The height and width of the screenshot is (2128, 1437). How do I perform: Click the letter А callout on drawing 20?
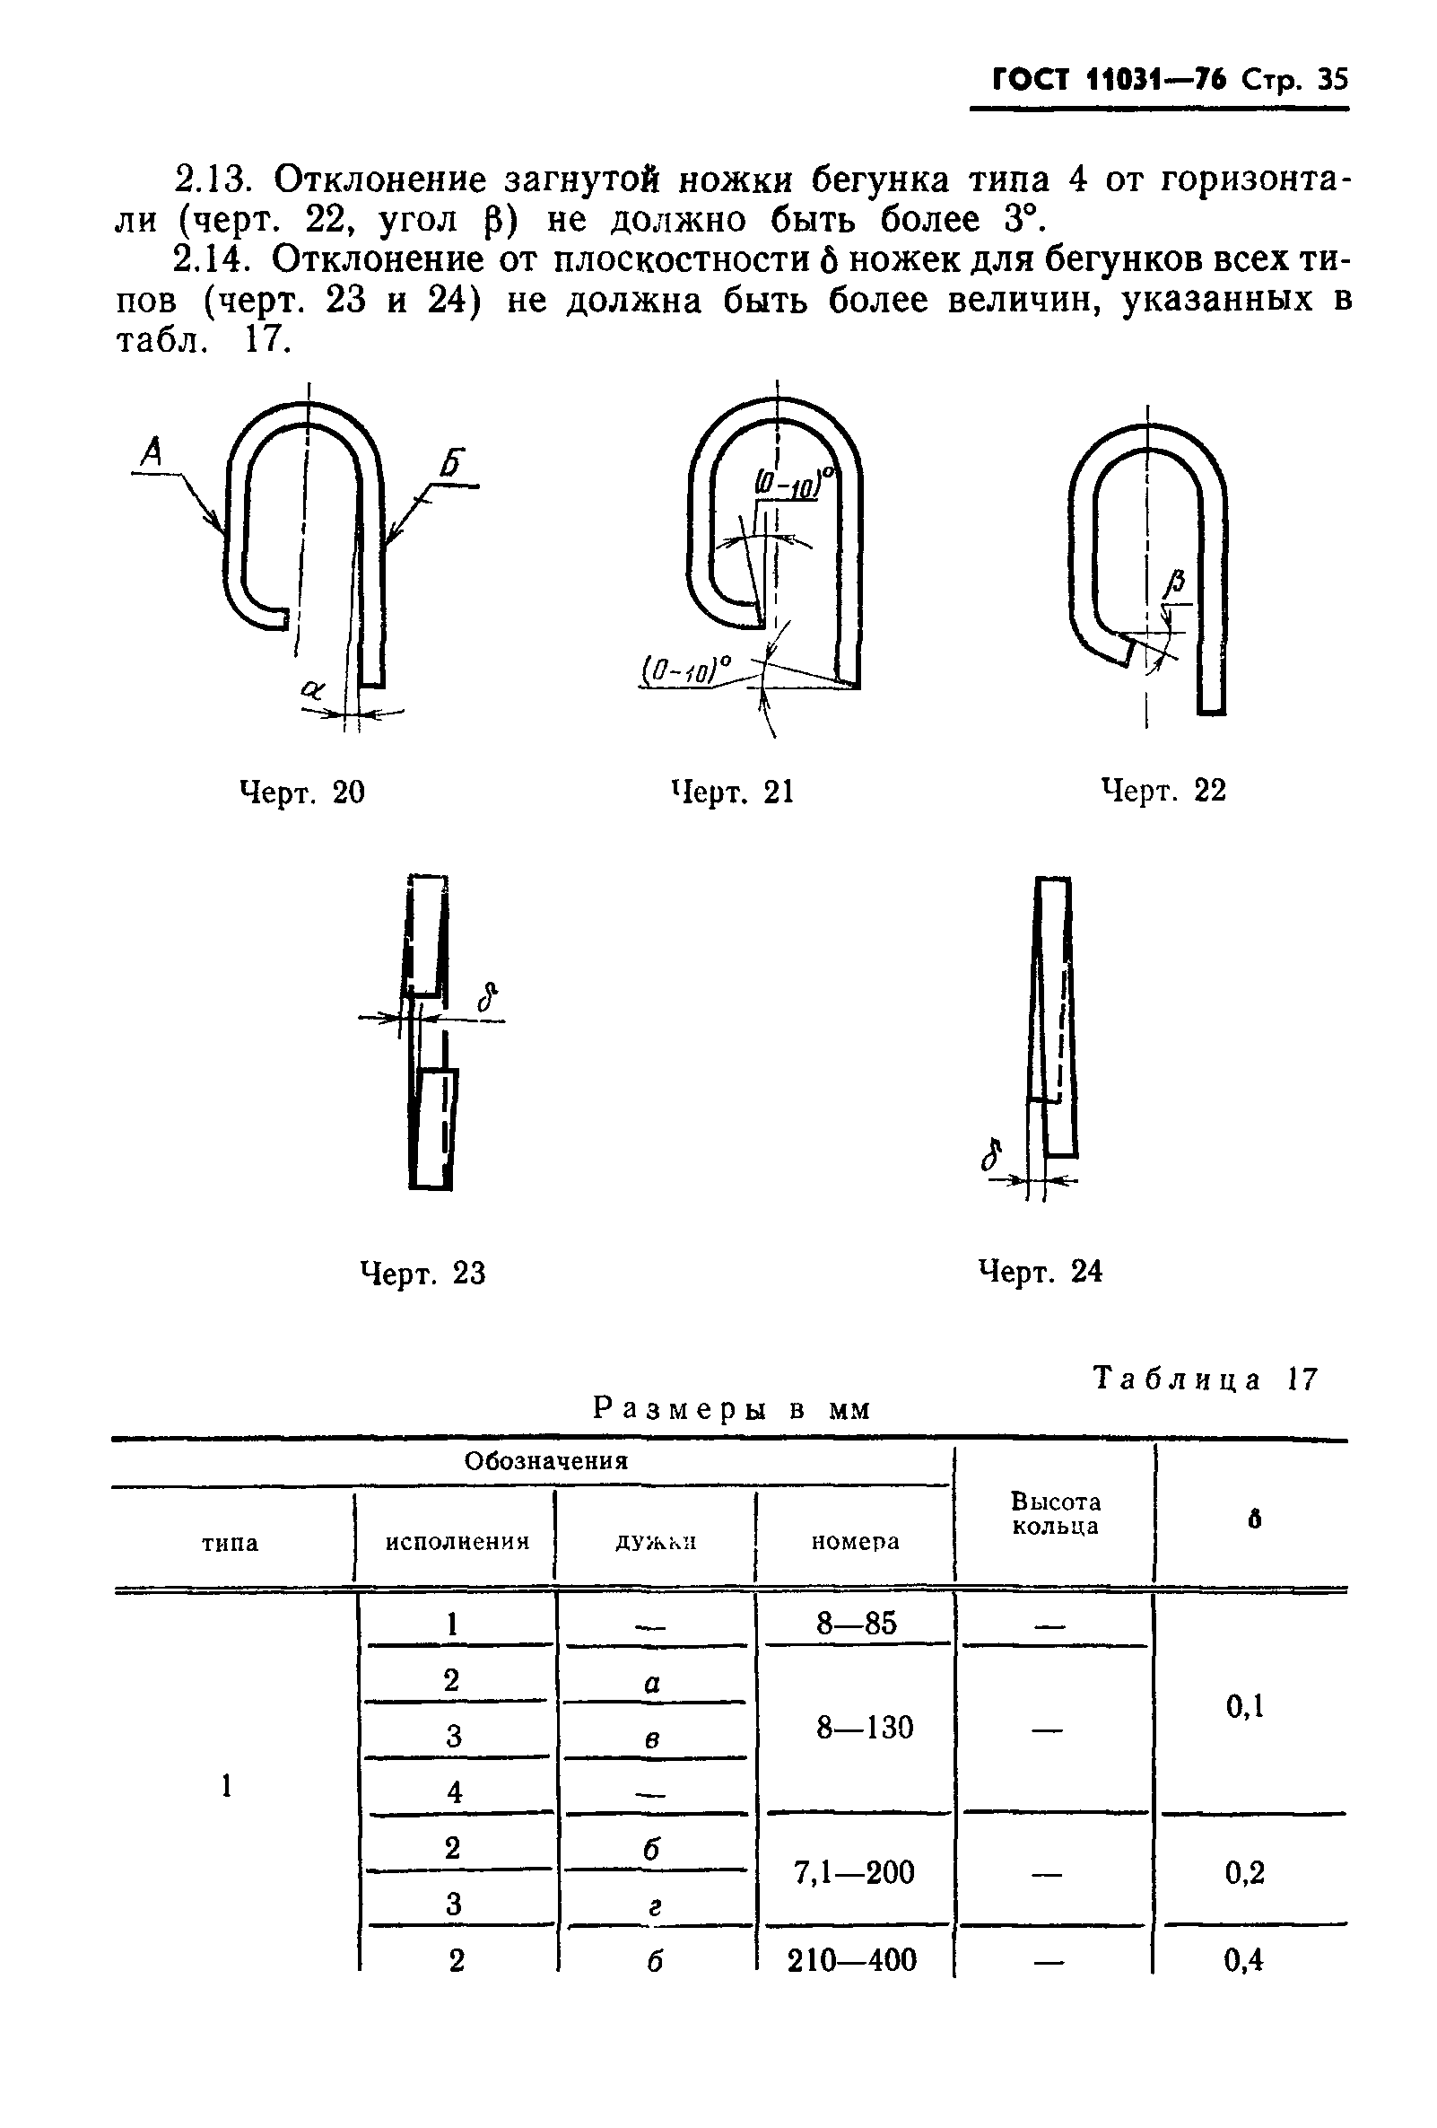point(152,451)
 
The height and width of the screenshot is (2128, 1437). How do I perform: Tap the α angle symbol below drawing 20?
point(312,689)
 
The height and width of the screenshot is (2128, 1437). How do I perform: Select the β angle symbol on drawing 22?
point(1177,581)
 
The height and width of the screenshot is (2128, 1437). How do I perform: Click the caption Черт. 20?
point(301,792)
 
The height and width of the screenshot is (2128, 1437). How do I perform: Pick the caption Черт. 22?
point(1163,790)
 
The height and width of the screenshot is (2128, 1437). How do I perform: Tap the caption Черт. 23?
point(422,1273)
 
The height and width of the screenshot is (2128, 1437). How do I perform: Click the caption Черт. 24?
point(1041,1271)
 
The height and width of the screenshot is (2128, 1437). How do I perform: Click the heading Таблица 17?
point(1206,1379)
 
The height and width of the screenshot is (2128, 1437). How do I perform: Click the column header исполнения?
point(457,1542)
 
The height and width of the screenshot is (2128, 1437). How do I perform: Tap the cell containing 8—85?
point(857,1624)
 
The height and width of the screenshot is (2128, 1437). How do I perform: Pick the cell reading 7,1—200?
point(853,1872)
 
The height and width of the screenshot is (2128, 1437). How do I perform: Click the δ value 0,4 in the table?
point(1244,1960)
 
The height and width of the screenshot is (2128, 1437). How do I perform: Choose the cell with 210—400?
point(851,1960)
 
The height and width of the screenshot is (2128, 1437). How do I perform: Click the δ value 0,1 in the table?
point(1245,1706)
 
